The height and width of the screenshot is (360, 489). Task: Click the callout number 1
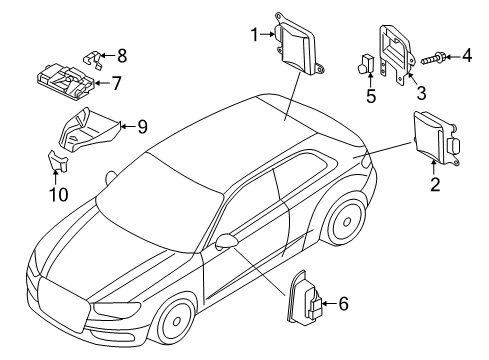coord(255,35)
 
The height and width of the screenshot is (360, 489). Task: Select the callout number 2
coord(435,184)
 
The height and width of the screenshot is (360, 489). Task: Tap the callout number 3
coord(421,93)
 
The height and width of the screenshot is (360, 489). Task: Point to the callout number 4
coord(467,55)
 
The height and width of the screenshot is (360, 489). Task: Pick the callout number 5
coord(371,96)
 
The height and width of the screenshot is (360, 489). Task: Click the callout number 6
coord(343,304)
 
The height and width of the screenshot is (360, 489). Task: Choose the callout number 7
coord(116,83)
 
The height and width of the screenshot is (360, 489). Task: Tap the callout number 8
coord(122,56)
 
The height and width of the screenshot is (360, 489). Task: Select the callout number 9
coord(142,127)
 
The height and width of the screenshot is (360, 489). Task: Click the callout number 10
coord(59,195)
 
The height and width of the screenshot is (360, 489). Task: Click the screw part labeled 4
coord(432,59)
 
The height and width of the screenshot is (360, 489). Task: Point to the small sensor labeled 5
coord(365,64)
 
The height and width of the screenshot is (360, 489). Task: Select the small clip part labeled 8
coord(92,59)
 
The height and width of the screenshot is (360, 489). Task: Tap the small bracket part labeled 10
coord(58,161)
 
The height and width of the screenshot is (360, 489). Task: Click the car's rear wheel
coord(347,221)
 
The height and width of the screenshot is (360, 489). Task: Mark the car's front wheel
coord(176,321)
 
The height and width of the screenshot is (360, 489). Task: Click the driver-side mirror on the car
coord(226,241)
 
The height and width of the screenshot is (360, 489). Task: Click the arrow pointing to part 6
coord(329,304)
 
